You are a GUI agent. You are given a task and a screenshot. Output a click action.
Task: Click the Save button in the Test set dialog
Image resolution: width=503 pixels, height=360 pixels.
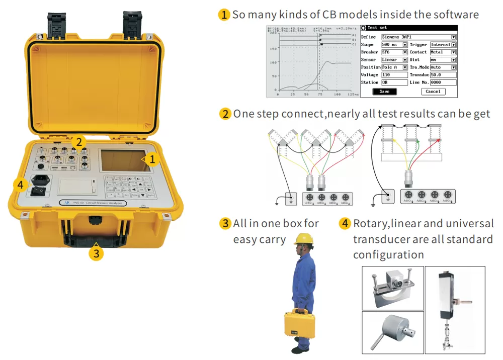click(384, 92)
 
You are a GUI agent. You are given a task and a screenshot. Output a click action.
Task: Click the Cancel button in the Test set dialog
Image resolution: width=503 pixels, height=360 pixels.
click(433, 92)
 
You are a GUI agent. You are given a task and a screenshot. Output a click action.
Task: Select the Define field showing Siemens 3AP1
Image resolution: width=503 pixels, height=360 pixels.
click(418, 37)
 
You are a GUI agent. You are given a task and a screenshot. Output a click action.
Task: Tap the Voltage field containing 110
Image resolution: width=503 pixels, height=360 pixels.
click(394, 75)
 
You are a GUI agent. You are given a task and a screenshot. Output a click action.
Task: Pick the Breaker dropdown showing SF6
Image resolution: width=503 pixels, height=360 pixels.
click(394, 52)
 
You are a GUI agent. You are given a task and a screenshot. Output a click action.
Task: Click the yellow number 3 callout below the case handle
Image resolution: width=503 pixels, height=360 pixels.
click(96, 253)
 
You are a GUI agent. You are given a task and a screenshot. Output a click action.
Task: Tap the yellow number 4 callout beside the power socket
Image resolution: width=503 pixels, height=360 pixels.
click(20, 185)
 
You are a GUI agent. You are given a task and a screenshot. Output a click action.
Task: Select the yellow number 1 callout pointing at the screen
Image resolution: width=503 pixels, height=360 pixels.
click(155, 159)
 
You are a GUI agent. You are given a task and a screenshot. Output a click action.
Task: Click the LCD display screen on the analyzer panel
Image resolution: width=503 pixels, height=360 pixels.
click(125, 160)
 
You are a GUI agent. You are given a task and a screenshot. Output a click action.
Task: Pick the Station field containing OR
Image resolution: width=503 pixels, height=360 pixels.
click(394, 82)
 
